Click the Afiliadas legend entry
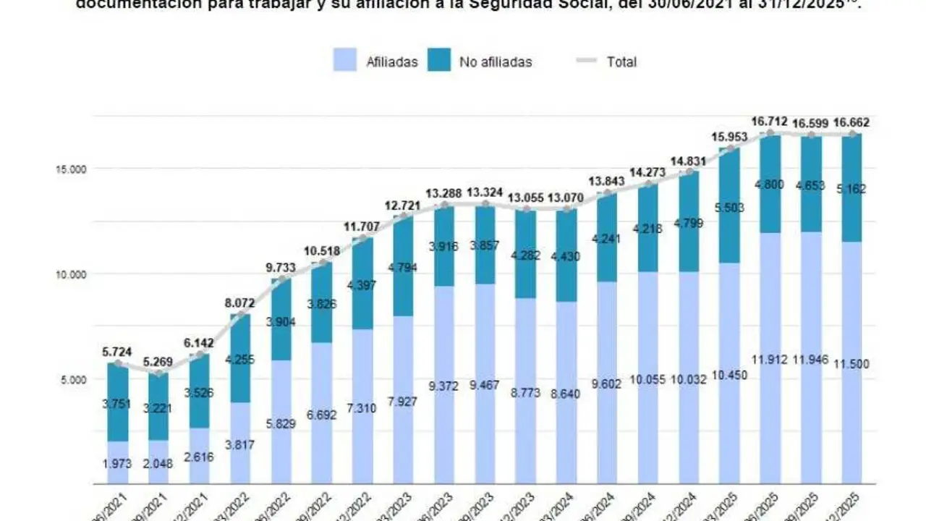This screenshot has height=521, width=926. (x=376, y=62)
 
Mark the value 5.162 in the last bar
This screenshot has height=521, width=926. (x=852, y=189)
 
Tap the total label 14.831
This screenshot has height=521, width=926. (x=689, y=161)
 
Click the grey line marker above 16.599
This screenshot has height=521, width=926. (x=812, y=135)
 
